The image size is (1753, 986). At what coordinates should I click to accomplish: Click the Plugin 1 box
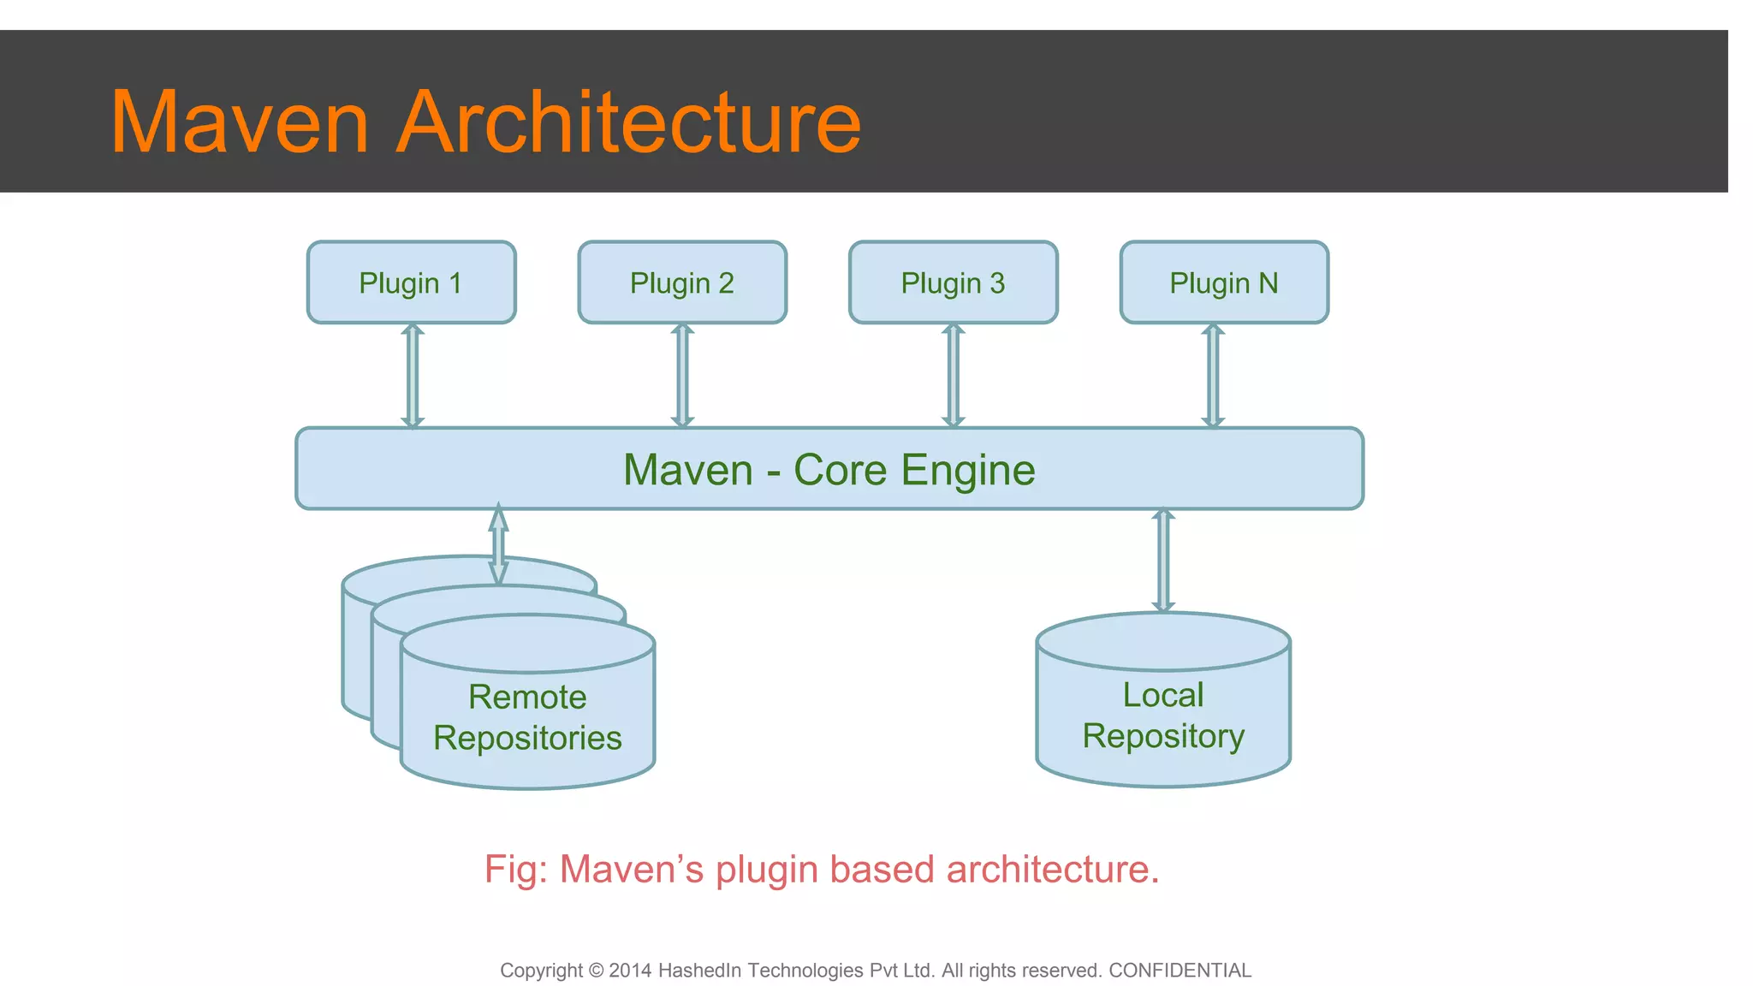point(411,282)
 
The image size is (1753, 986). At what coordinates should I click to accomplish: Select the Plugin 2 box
point(682,282)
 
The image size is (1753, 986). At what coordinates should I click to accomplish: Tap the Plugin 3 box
point(953,282)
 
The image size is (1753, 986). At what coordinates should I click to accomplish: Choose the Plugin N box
point(1224,282)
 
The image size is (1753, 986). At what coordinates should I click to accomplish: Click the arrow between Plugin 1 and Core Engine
point(413,375)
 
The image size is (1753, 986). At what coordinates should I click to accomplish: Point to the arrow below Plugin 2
point(682,375)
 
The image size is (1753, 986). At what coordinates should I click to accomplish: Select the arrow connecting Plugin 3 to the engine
point(953,375)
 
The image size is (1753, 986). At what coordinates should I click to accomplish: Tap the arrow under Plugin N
point(1213,375)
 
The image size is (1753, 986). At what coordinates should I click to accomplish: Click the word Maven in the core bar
point(687,471)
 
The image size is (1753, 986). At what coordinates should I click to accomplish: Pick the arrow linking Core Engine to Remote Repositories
point(498,545)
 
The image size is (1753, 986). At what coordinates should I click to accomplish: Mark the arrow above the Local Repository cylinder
point(1162,561)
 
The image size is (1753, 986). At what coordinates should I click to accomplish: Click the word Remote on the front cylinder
point(527,697)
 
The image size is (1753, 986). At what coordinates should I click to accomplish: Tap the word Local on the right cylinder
point(1162,695)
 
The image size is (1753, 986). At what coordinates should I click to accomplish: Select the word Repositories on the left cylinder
point(527,738)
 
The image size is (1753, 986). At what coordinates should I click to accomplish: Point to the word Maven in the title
point(240,122)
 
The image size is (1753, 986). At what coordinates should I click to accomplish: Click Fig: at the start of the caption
point(515,870)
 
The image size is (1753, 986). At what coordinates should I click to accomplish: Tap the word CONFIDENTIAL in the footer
point(1180,971)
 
